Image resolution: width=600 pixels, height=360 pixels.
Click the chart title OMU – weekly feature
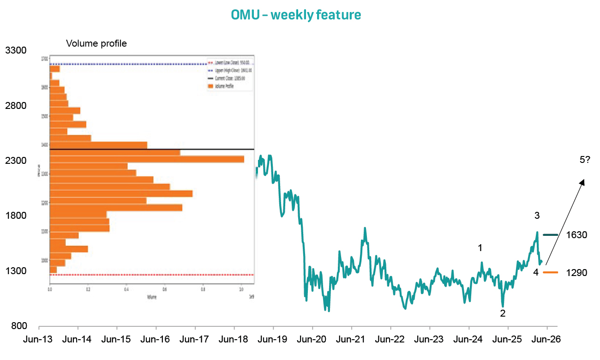296,15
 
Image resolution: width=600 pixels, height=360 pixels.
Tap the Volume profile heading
96,43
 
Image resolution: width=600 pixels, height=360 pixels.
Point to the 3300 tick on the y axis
16,50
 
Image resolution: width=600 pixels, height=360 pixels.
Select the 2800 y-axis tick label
16,106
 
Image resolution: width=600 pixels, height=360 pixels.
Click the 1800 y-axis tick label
16,216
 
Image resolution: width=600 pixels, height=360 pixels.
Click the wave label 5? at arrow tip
585,160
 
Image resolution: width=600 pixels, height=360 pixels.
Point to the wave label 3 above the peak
537,215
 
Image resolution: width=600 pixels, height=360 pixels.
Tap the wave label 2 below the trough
503,313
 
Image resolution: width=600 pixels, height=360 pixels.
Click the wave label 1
480,248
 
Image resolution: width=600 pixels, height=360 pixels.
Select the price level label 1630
576,235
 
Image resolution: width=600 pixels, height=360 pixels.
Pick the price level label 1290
576,273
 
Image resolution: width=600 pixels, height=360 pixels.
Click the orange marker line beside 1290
551,273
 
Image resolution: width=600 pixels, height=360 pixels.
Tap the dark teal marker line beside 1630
551,235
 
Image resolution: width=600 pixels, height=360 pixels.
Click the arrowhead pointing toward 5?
582,182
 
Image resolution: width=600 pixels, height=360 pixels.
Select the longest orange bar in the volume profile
147,159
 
